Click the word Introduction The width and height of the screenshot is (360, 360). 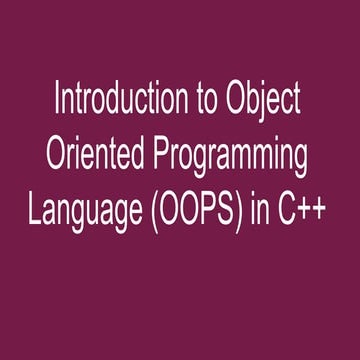[x=113, y=101]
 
